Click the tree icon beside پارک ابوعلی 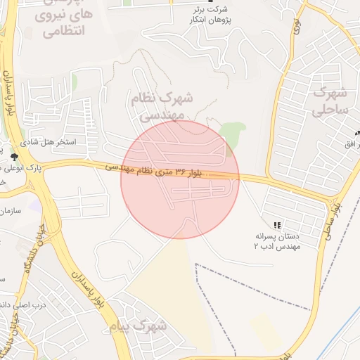click(x=15, y=156)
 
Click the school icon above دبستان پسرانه click(x=278, y=225)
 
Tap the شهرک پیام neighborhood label click(x=139, y=326)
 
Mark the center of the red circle click(x=180, y=179)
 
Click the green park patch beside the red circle click(x=233, y=134)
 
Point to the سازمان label click(x=11, y=210)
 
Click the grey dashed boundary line click(x=253, y=288)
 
